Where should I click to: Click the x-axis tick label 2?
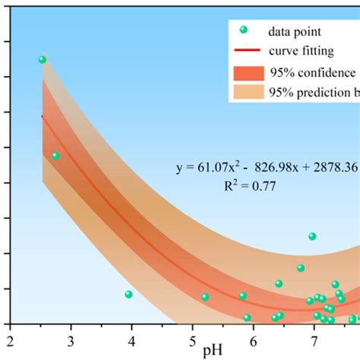coord(10,339)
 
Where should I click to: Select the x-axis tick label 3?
coord(71,339)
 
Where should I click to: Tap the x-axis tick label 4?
coord(131,339)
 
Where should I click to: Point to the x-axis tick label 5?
coord(192,339)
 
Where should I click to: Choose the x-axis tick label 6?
coord(253,339)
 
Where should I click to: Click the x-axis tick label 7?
coord(314,339)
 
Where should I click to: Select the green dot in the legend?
coord(244,30)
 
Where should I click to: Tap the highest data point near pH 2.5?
coord(43,59)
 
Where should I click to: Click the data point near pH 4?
coord(128,294)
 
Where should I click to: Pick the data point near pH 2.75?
coord(55,156)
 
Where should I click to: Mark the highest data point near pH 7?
coord(312,236)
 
